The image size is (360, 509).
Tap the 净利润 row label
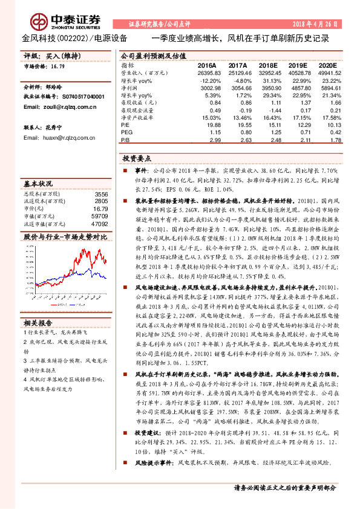coord(129,87)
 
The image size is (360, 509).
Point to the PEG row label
coord(126,132)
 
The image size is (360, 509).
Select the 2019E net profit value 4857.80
coord(298,87)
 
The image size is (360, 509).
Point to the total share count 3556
coord(101,194)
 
